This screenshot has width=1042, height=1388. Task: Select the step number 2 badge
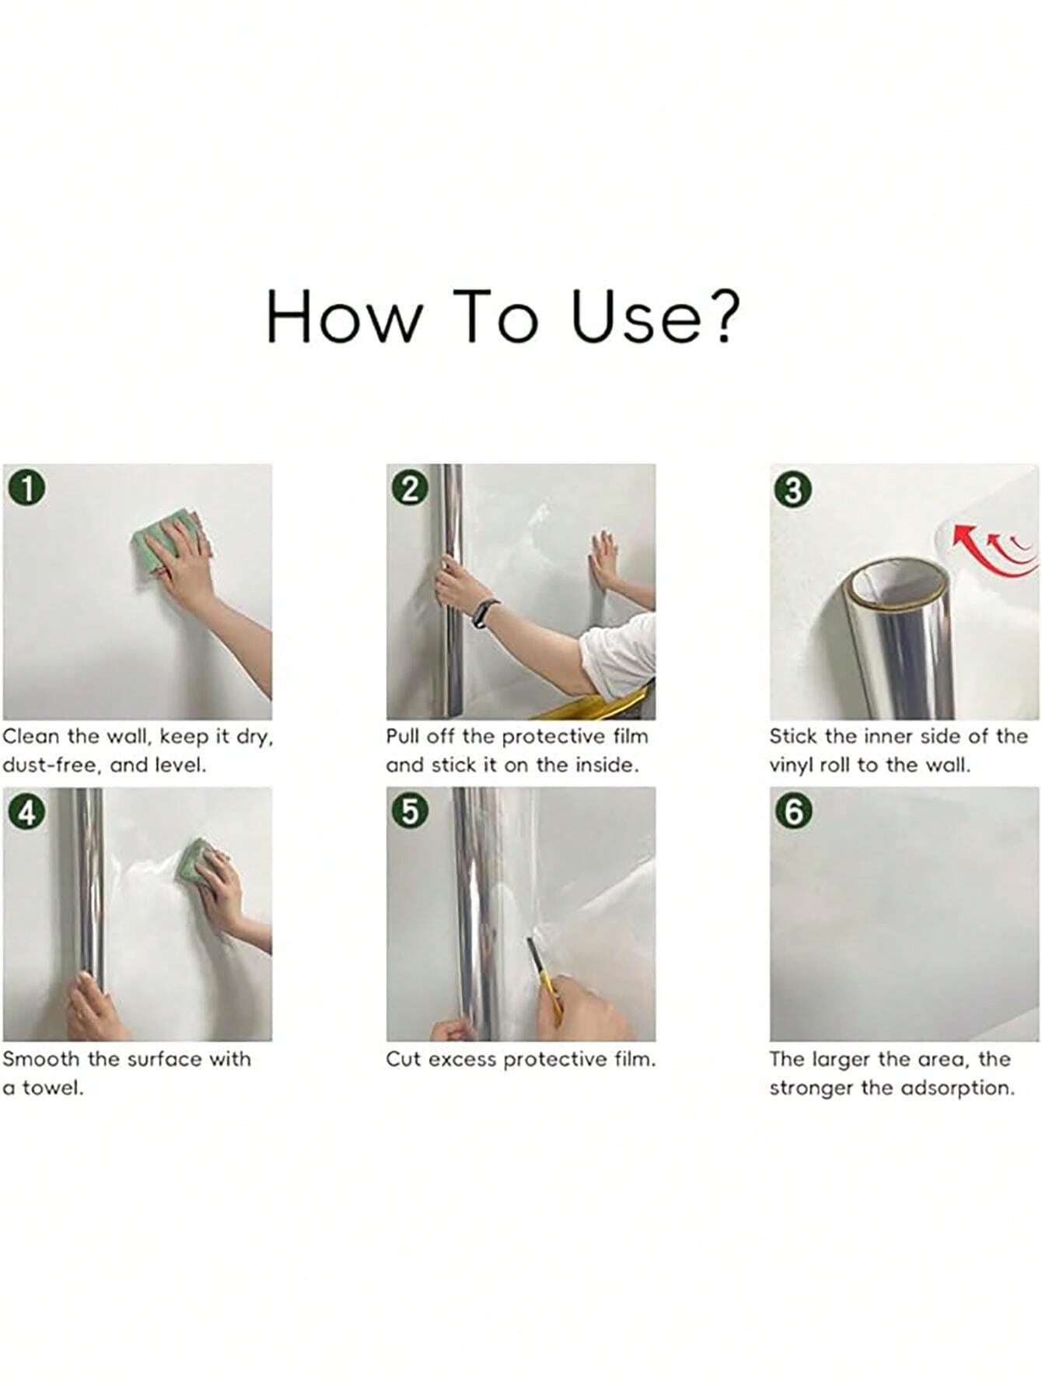coord(410,489)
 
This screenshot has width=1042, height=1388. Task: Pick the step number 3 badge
coord(793,491)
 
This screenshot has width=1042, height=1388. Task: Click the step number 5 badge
coord(410,812)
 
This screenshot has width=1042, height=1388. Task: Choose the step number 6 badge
coord(793,812)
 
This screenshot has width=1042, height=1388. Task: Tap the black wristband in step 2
coord(483,614)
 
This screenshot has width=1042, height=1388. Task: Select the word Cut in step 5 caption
coord(404,1059)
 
